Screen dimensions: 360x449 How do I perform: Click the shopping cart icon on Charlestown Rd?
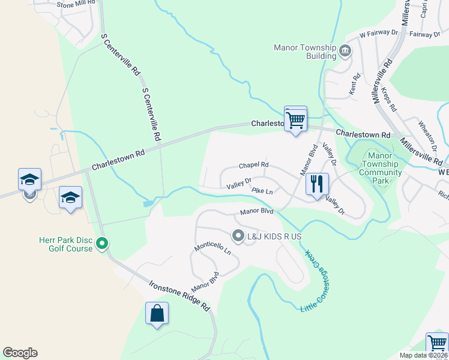[x=295, y=119]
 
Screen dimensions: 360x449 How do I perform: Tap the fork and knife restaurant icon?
[x=317, y=183]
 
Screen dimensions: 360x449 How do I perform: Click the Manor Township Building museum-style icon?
[x=345, y=51]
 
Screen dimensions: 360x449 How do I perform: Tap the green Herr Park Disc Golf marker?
[x=101, y=244]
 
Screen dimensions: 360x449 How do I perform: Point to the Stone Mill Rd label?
[x=76, y=4]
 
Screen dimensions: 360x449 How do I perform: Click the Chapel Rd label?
[x=253, y=165]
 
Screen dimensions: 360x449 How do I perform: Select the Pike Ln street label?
[x=262, y=191]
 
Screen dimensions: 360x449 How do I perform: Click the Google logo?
[x=20, y=353]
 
